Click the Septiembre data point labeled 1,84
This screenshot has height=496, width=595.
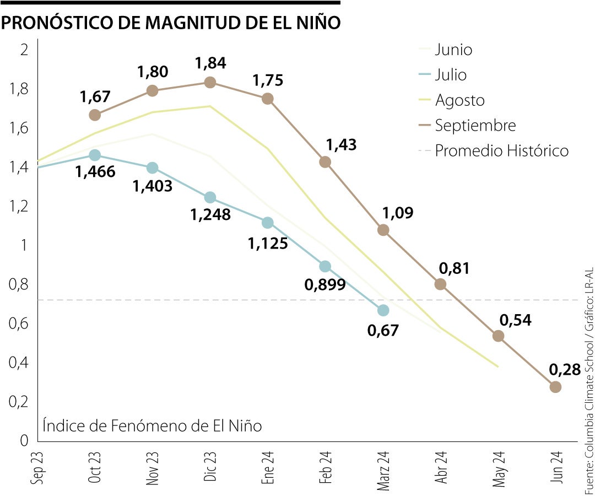[x=210, y=82]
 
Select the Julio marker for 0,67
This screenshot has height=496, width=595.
[x=383, y=310]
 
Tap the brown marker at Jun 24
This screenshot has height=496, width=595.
[x=555, y=387]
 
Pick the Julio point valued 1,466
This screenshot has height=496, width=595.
[x=95, y=155]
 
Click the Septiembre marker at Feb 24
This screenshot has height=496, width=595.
[x=325, y=162]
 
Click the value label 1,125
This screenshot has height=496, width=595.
[x=268, y=243]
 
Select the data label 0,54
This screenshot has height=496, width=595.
[x=515, y=320]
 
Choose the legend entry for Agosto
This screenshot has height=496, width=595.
[x=459, y=100]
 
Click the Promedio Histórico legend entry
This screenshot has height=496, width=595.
[x=501, y=150]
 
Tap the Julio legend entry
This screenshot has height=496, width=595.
[x=450, y=75]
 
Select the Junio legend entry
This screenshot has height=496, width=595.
[x=453, y=50]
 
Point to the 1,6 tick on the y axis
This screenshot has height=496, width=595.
[x=19, y=128]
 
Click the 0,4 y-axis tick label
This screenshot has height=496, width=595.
[x=19, y=363]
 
